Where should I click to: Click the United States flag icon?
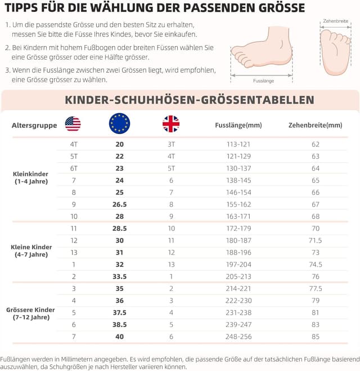pyautogui.click(x=73, y=124)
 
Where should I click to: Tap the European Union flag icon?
pyautogui.click(x=119, y=123)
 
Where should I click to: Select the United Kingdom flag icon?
pyautogui.click(x=171, y=124)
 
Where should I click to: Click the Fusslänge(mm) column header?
pyautogui.click(x=238, y=125)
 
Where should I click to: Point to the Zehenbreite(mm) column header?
pyautogui.click(x=315, y=125)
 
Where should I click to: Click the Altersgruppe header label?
pyautogui.click(x=34, y=125)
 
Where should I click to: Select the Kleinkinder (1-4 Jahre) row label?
pyautogui.click(x=30, y=177)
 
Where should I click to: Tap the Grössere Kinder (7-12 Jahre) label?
pyautogui.click(x=30, y=314)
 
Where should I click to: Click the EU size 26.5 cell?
pyautogui.click(x=119, y=204)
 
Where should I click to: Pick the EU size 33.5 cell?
pyautogui.click(x=119, y=276)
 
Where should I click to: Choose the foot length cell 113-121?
pyautogui.click(x=238, y=144)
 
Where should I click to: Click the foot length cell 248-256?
pyautogui.click(x=238, y=336)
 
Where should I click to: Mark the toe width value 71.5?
pyautogui.click(x=315, y=240)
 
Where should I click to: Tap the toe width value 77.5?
pyautogui.click(x=315, y=288)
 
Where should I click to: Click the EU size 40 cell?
pyautogui.click(x=119, y=336)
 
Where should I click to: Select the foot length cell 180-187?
pyautogui.click(x=238, y=240)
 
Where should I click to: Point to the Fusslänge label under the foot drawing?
pyautogui.click(x=263, y=81)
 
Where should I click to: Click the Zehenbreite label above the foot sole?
pyautogui.click(x=336, y=21)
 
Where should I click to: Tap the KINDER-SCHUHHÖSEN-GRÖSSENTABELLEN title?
pyautogui.click(x=190, y=100)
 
